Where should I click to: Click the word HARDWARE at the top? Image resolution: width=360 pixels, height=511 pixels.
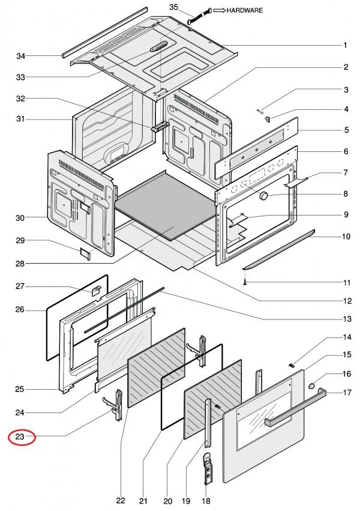(245, 10)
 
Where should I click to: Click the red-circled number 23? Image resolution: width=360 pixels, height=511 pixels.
(20, 437)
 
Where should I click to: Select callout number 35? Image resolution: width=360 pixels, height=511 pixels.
(174, 7)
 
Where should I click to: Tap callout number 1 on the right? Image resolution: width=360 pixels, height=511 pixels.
(346, 45)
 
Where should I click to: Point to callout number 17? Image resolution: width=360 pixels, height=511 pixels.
(346, 393)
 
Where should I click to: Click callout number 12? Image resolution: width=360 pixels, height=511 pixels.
(346, 301)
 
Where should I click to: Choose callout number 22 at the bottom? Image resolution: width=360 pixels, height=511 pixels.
(121, 501)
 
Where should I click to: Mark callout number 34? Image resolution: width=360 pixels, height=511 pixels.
(21, 56)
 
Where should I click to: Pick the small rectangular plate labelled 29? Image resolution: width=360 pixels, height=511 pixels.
(85, 252)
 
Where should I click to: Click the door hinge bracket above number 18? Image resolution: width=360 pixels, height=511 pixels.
(209, 468)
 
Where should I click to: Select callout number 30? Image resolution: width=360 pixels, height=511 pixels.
(20, 217)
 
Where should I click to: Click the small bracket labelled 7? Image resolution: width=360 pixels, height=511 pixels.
(299, 182)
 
